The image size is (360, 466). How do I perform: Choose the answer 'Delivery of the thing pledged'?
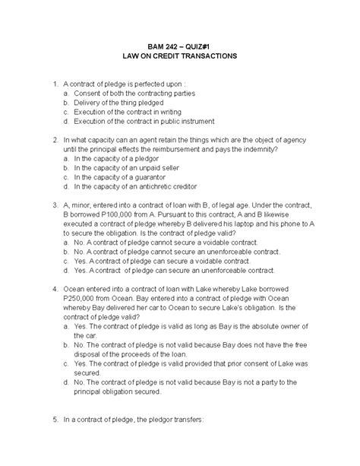(x=123, y=102)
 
